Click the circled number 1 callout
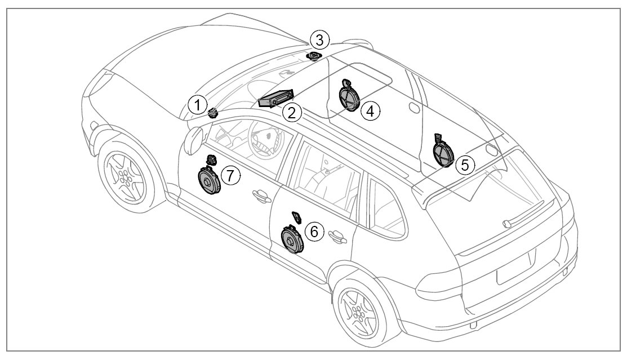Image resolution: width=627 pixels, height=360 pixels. tap(197, 104)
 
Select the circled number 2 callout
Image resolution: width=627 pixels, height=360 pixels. tap(291, 112)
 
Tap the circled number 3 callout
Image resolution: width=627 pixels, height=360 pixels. tap(319, 40)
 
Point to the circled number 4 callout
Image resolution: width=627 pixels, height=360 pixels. tap(370, 110)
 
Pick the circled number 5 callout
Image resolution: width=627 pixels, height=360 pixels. tap(465, 165)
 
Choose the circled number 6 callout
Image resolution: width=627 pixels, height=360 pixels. tap(314, 230)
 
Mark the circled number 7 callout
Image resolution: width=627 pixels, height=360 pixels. tap(230, 175)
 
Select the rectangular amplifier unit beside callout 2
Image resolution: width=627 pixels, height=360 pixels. tap(276, 99)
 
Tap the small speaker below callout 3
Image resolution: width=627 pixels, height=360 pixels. tap(314, 56)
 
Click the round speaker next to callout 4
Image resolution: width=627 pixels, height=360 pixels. tap(349, 97)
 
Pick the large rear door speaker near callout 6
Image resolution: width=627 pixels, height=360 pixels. tap(292, 241)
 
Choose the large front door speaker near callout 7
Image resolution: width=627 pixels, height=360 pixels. tap(208, 180)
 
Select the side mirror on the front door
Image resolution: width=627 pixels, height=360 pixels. tap(193, 140)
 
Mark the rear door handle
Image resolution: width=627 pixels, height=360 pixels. tap(337, 237)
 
